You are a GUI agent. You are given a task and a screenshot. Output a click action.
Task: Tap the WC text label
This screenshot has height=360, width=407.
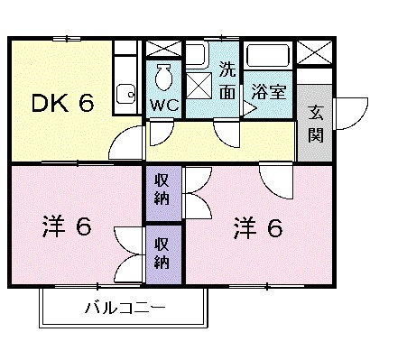tap(162, 104)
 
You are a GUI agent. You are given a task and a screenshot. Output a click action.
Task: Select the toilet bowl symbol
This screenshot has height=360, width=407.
tap(163, 78)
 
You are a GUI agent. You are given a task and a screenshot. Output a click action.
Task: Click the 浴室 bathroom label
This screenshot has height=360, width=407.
tap(268, 92)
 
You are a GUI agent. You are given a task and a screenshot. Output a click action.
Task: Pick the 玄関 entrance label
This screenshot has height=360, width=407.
tap(317, 125)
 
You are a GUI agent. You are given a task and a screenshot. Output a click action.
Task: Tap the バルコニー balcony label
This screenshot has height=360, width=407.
tap(125, 309)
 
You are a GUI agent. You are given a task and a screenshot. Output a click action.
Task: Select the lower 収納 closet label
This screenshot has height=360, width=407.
tap(162, 253)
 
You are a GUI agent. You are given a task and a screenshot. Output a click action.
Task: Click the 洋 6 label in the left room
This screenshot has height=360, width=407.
tap(66, 226)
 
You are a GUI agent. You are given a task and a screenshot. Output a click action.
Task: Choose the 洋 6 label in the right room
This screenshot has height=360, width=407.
tap(259, 226)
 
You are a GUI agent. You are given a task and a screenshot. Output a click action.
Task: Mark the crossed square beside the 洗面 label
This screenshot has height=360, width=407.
tap(199, 88)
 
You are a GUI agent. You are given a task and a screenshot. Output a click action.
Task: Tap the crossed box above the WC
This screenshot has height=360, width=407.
tap(163, 50)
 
